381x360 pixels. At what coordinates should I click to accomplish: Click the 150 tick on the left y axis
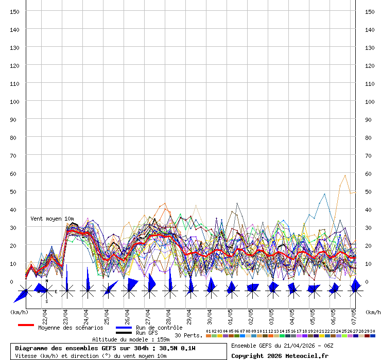tap(15, 11)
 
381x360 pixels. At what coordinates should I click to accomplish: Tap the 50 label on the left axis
tap(15, 191)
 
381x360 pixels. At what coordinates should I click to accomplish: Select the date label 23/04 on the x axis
tap(65, 314)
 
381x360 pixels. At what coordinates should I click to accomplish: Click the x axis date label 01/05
tap(230, 314)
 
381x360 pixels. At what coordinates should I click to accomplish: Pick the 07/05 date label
tap(353, 314)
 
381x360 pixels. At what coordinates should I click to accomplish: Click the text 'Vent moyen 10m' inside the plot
tap(52, 219)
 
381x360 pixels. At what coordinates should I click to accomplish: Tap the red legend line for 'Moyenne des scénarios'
tap(26, 325)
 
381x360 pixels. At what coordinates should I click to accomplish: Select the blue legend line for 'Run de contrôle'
tap(124, 328)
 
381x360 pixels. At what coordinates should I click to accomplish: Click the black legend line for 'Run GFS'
tap(124, 333)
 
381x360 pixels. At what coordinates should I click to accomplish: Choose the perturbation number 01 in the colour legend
tap(208, 331)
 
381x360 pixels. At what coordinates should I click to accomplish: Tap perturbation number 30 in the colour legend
tap(372, 331)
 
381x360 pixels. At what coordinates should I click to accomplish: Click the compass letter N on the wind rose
tap(46, 281)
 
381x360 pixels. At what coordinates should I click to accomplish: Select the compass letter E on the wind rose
tap(56, 292)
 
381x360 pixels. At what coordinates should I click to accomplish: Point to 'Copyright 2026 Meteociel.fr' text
tap(280, 356)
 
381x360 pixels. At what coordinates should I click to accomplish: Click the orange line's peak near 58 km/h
tap(345, 175)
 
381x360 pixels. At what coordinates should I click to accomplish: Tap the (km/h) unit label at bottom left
tap(19, 312)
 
